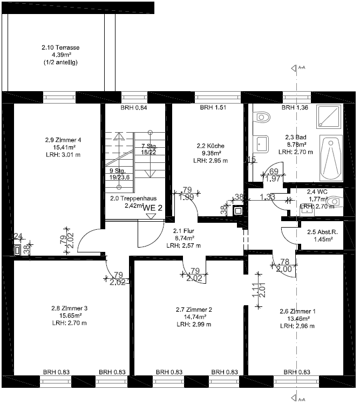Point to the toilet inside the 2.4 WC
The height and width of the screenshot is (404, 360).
[x=335, y=201]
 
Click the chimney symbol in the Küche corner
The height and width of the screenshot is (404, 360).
[x=237, y=210]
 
